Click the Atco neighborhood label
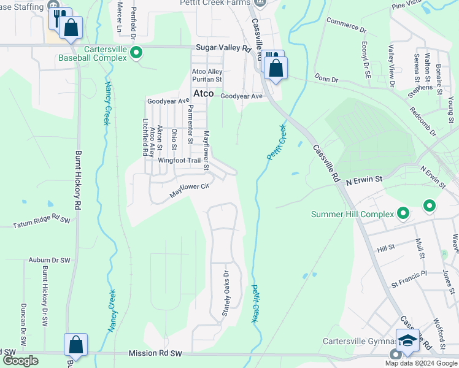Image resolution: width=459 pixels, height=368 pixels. [203, 94]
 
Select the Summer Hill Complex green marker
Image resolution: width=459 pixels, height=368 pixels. [403, 213]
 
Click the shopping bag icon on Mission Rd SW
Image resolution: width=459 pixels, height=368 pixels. [75, 345]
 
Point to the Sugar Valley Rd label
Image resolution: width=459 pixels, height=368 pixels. [224, 47]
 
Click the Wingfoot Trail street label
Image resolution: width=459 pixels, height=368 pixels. [179, 161]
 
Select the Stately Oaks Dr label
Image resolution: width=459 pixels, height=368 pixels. [225, 290]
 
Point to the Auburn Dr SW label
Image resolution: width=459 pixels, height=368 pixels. [50, 260]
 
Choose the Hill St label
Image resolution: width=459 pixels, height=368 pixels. [386, 248]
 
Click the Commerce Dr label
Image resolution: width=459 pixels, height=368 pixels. [346, 26]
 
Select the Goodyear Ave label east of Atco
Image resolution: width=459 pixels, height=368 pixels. [241, 96]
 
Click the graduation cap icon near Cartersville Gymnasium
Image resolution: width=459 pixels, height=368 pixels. [407, 340]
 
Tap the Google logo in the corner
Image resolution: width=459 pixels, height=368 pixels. [20, 361]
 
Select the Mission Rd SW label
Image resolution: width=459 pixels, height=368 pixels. [156, 354]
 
